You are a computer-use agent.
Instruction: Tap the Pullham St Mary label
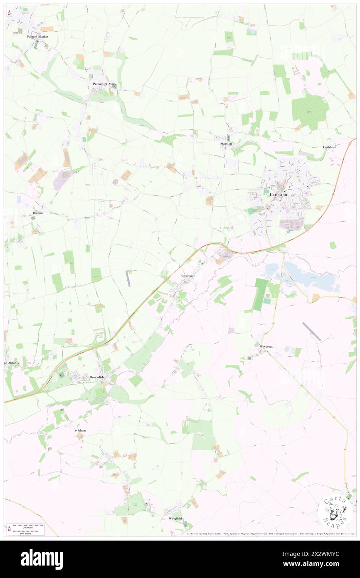[105, 84]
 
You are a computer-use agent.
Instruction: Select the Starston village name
[226, 143]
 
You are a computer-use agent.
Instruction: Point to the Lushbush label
[329, 147]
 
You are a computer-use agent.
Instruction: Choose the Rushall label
[38, 212]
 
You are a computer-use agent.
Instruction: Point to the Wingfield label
[175, 519]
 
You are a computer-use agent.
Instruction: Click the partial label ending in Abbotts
[12, 362]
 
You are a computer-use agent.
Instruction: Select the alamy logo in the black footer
[42, 559]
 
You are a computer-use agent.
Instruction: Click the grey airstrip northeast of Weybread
[311, 331]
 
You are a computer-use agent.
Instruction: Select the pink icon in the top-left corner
[9, 13]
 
